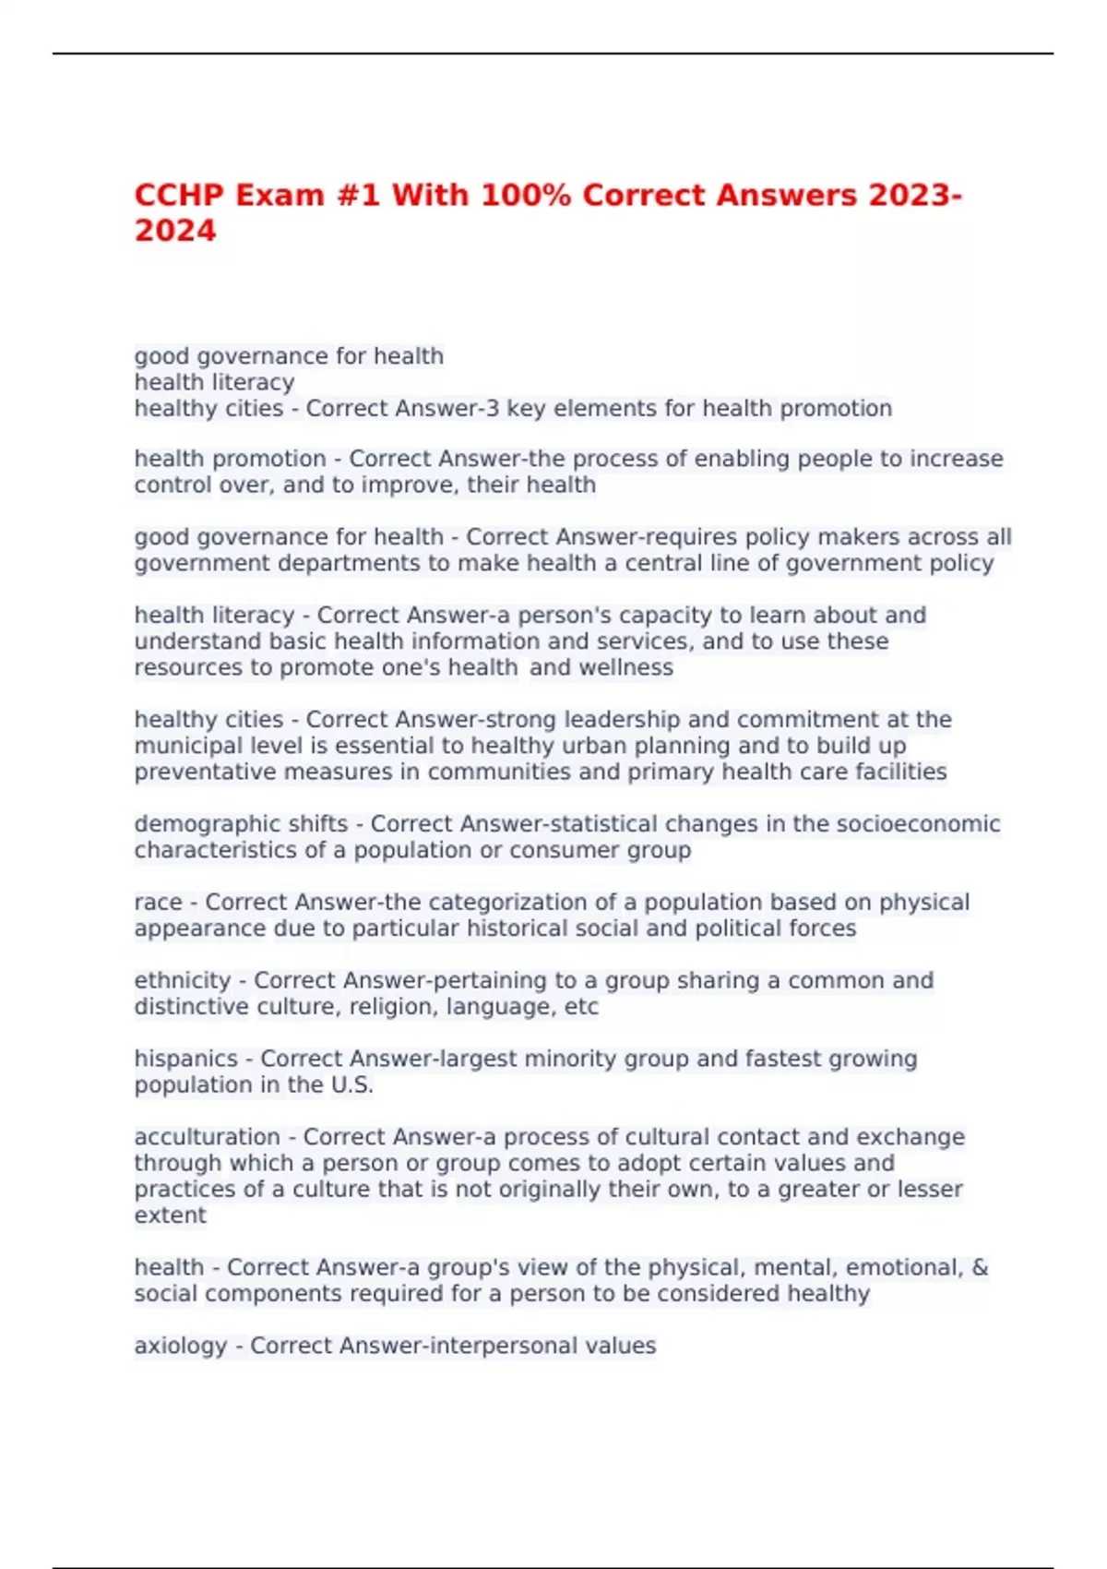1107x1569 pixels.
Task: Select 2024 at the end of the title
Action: [175, 231]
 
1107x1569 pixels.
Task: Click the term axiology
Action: [180, 1346]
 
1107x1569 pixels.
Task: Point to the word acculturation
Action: [207, 1137]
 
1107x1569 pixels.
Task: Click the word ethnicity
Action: [183, 980]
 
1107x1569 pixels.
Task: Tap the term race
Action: [158, 902]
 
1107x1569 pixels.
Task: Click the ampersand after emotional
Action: [980, 1267]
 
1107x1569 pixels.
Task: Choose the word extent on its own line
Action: [170, 1216]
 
